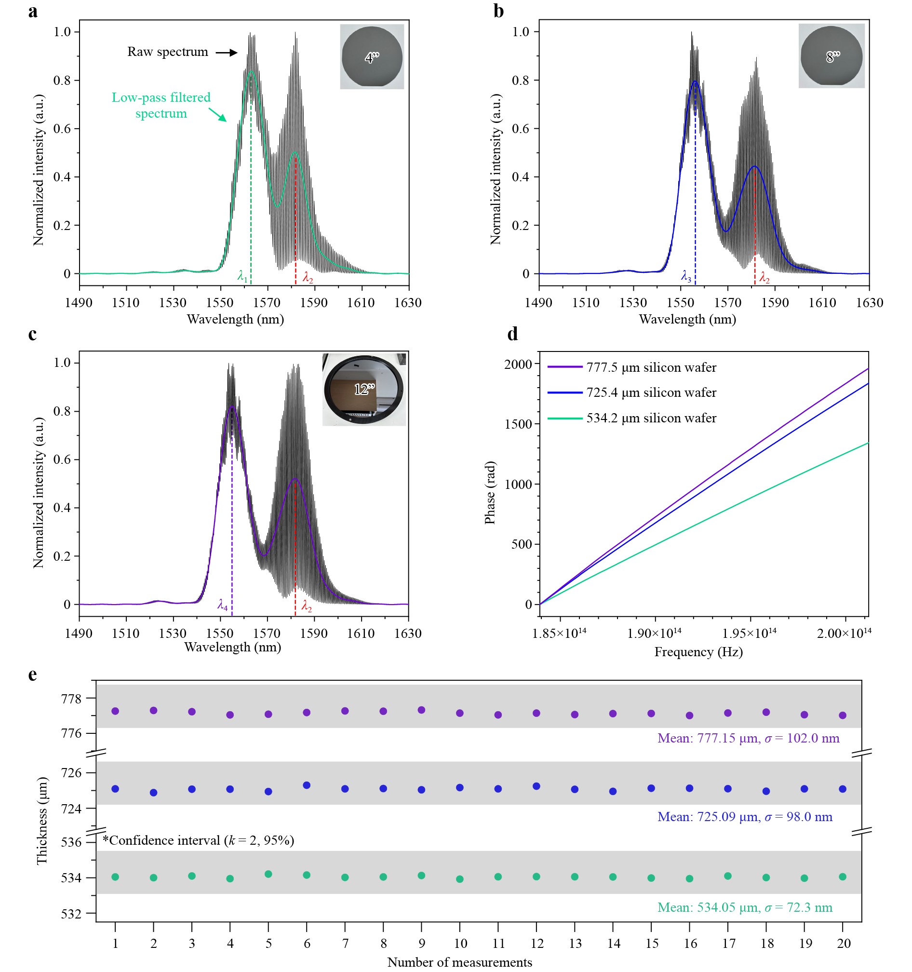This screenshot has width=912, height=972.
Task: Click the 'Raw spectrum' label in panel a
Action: pyautogui.click(x=168, y=52)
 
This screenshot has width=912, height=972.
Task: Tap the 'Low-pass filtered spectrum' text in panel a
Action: pyautogui.click(x=161, y=105)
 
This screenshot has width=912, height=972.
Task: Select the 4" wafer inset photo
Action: pyautogui.click(x=372, y=57)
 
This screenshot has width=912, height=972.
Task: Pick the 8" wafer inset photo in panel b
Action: pyautogui.click(x=832, y=56)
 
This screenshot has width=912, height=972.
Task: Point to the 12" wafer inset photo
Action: pyautogui.click(x=364, y=390)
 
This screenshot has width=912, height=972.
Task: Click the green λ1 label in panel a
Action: pyautogui.click(x=242, y=276)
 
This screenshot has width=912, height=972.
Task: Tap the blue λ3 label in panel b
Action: pyautogui.click(x=686, y=277)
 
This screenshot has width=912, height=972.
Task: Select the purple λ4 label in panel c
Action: pyautogui.click(x=222, y=605)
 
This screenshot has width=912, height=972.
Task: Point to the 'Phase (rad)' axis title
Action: pyautogui.click(x=490, y=492)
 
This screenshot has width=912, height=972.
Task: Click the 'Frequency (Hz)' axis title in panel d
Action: pyautogui.click(x=698, y=652)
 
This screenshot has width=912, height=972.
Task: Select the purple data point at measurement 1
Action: pyautogui.click(x=115, y=711)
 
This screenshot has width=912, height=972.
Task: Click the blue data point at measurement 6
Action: pyautogui.click(x=307, y=785)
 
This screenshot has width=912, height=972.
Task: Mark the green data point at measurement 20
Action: pyautogui.click(x=843, y=877)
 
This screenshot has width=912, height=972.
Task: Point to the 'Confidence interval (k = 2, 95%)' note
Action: pyautogui.click(x=199, y=840)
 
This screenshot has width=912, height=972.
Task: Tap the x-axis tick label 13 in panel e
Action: pyautogui.click(x=575, y=944)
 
